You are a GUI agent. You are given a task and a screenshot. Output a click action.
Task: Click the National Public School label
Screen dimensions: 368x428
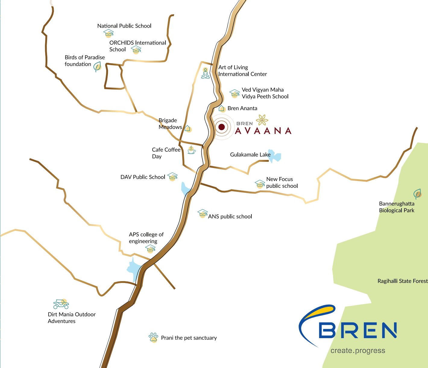[x=124, y=26]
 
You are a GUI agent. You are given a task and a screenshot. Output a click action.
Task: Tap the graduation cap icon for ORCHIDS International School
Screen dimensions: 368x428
[x=136, y=49]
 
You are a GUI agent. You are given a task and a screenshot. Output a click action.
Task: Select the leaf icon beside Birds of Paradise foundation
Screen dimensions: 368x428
[x=97, y=67]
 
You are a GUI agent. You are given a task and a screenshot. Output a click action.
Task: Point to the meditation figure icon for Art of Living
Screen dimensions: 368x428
[x=206, y=73]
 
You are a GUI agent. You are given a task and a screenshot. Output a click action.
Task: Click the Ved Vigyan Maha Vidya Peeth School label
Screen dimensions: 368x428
[x=265, y=93]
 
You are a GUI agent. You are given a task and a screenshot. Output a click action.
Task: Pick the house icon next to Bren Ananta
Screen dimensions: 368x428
[x=222, y=108]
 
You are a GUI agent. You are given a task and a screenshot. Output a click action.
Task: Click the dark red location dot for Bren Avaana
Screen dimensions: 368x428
[x=222, y=127]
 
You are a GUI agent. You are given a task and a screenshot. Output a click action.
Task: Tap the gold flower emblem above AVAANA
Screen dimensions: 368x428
[x=262, y=120]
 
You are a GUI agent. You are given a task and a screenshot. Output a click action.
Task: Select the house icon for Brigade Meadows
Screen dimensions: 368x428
[x=188, y=128]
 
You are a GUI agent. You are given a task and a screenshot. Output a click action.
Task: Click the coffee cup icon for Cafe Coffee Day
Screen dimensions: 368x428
[x=191, y=150]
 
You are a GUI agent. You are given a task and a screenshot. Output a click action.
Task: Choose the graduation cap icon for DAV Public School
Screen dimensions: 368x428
[x=172, y=176]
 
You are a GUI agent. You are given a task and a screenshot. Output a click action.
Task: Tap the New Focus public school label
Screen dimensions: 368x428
[x=282, y=182]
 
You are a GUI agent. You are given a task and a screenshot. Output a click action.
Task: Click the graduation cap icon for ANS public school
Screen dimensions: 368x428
[x=203, y=214]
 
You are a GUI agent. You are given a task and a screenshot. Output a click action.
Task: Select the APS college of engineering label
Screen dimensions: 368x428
[x=146, y=238]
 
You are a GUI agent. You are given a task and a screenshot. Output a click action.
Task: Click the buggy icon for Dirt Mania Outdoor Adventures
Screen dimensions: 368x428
[x=61, y=304]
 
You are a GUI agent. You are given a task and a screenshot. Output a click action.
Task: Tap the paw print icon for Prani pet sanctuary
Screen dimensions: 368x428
[x=153, y=337]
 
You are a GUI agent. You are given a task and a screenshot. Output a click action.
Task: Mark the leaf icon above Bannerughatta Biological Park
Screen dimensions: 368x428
[x=417, y=194]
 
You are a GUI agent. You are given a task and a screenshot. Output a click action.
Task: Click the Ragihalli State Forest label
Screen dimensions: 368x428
[x=402, y=281]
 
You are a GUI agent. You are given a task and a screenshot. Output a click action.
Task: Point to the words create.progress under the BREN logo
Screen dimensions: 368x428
[x=358, y=351]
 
